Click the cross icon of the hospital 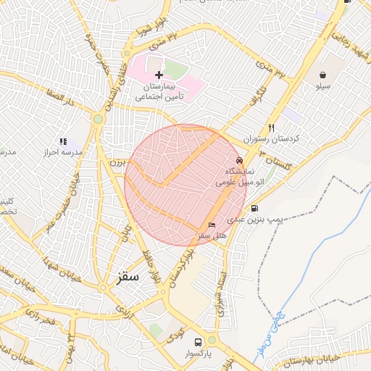coord(159,75)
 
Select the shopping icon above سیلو coord(322,74)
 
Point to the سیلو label coord(322,86)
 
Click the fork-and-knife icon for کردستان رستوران coord(271,126)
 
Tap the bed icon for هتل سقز coord(211,225)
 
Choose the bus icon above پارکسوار coord(197,341)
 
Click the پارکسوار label coord(197,355)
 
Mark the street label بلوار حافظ coord(155,268)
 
